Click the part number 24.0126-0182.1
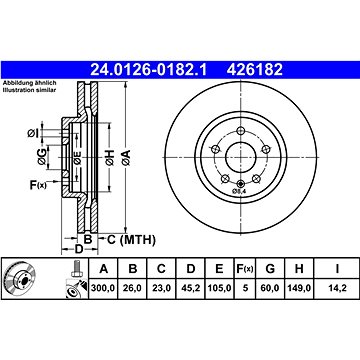click(149, 70)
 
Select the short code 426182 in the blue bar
click(255, 70)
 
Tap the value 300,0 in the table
click(103, 288)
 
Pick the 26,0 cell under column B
click(133, 288)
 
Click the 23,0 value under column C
click(161, 288)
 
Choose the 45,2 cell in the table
click(191, 288)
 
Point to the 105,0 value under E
click(219, 288)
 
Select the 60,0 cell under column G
click(270, 288)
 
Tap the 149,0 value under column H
click(299, 288)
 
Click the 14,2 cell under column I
click(337, 288)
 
